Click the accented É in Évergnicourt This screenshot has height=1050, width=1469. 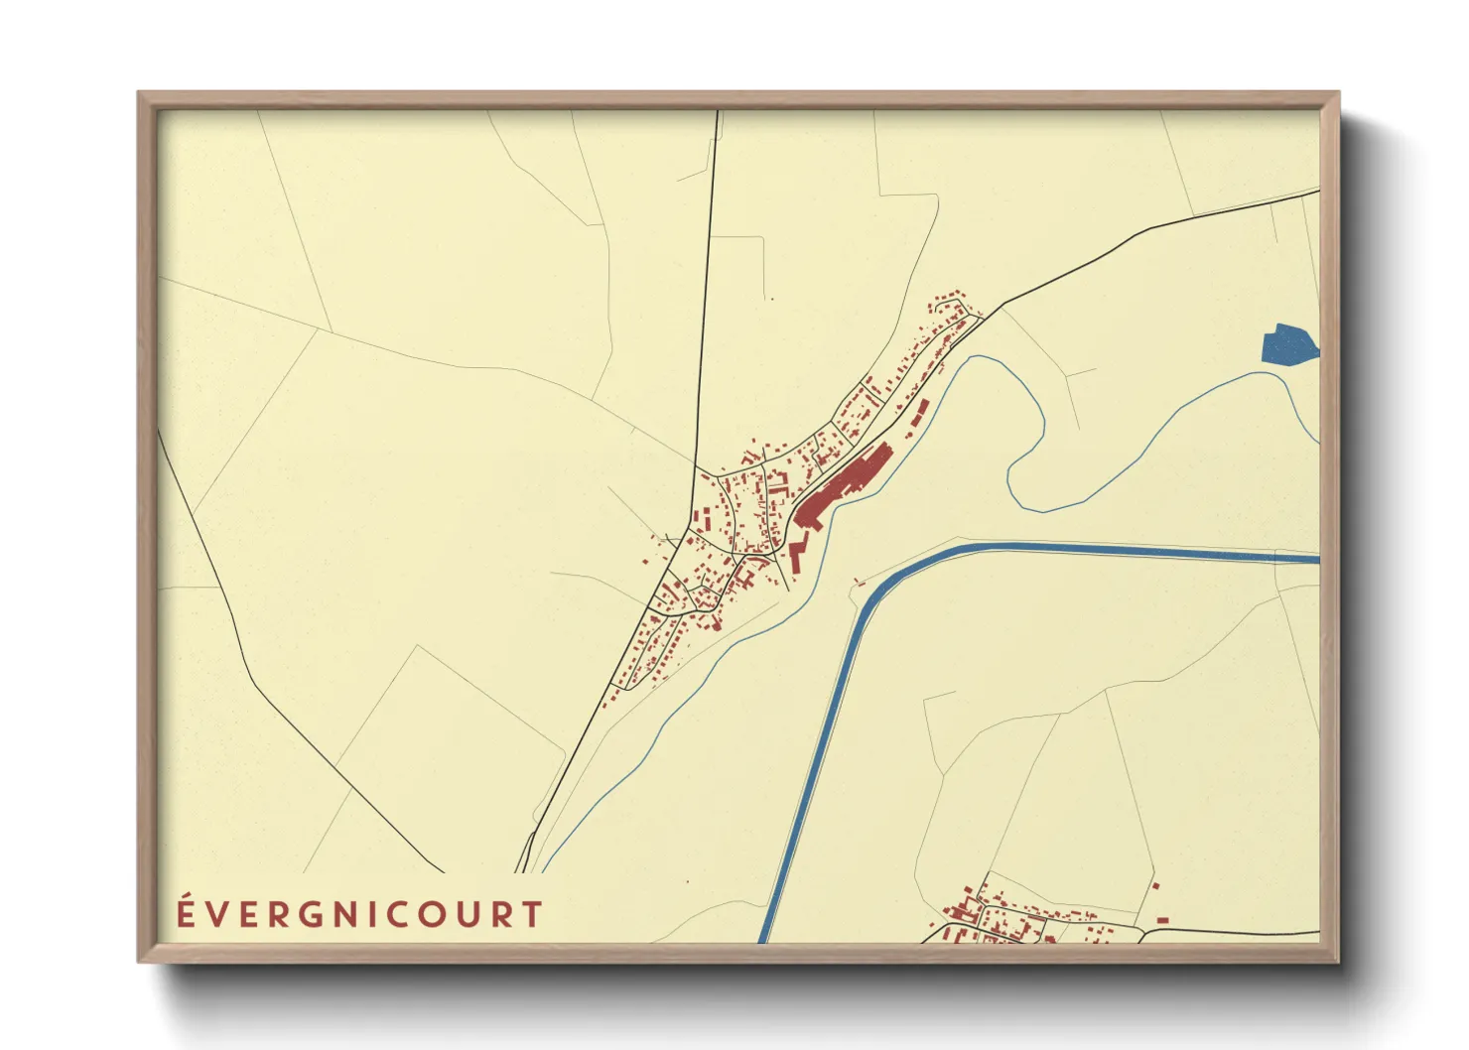[x=185, y=913]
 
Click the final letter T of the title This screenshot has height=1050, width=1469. [x=533, y=914]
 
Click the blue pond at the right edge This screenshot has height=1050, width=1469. [x=1287, y=344]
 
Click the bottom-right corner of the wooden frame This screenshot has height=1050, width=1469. [x=1337, y=960]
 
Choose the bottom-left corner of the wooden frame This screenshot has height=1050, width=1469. [x=140, y=960]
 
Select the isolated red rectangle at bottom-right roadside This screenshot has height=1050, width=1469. [x=1162, y=920]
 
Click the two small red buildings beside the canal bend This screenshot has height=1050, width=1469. [x=859, y=581]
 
